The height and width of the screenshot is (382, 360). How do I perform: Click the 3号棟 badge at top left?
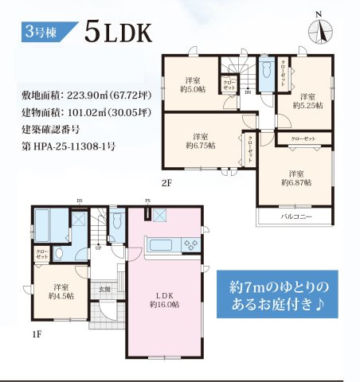point(42,33)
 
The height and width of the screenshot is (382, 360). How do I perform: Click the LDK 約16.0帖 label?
point(162,298)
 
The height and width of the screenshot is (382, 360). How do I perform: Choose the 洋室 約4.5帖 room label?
point(61,290)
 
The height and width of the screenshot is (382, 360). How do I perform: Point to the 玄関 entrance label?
point(104,289)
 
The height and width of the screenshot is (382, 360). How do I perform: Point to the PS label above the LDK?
point(147,201)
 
